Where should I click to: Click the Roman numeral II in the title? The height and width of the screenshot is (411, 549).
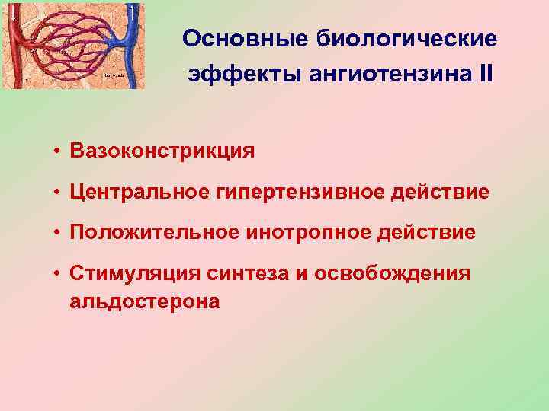click(x=485, y=74)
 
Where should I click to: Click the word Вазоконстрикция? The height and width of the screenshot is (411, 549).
click(x=162, y=151)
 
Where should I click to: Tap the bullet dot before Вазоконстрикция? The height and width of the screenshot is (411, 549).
click(x=57, y=151)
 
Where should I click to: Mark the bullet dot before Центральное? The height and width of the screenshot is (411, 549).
click(x=57, y=192)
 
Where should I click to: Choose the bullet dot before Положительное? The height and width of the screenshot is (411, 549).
click(x=57, y=233)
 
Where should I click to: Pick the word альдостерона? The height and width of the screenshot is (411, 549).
click(x=145, y=301)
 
